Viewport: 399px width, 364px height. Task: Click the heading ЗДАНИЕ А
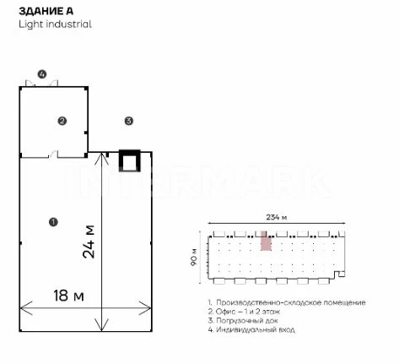46,11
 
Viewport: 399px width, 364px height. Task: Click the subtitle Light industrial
55,24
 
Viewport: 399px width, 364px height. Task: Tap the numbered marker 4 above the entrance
42,74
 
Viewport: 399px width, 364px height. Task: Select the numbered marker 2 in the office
62,121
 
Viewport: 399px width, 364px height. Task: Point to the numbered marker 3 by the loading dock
129,121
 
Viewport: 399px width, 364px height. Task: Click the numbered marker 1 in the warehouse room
53,222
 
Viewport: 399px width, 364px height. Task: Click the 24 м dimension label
89,242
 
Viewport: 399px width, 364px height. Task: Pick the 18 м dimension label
68,296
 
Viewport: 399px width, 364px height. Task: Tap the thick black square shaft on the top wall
130,160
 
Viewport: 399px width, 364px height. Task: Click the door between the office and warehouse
53,155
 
